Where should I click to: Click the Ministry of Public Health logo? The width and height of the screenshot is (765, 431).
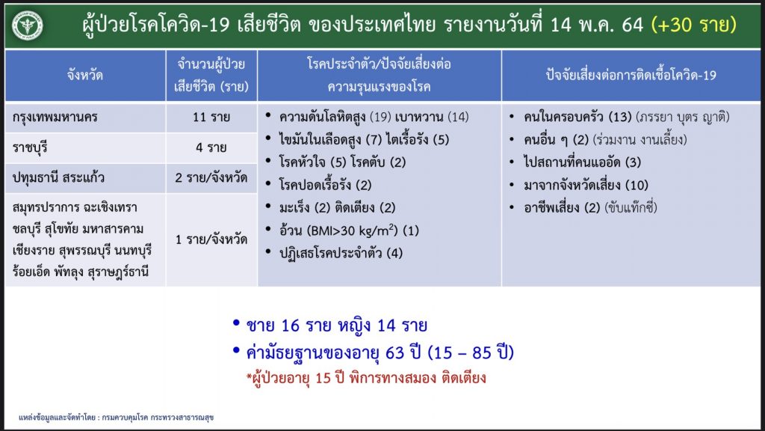click(x=28, y=25)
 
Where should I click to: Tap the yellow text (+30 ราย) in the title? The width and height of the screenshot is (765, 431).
click(x=694, y=25)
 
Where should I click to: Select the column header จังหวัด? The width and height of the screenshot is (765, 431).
click(x=85, y=76)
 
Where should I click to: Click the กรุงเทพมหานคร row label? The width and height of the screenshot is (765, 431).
click(x=55, y=117)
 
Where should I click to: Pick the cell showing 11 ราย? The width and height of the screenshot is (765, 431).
click(x=211, y=117)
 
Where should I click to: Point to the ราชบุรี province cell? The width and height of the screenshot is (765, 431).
click(x=30, y=147)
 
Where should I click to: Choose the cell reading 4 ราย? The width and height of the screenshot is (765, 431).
click(x=211, y=147)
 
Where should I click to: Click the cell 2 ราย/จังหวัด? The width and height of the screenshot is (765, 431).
click(x=211, y=178)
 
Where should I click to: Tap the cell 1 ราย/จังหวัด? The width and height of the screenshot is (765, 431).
click(x=211, y=239)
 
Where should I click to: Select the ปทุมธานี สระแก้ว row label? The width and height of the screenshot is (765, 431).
click(x=58, y=178)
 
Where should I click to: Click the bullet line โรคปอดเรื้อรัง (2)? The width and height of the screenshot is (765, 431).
click(x=325, y=186)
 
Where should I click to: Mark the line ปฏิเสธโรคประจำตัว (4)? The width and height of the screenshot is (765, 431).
click(x=341, y=253)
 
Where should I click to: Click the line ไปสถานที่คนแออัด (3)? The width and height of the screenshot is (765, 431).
click(x=582, y=162)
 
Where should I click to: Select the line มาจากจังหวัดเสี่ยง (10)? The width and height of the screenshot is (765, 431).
click(x=586, y=186)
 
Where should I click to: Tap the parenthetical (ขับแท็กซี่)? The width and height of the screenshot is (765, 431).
click(x=631, y=208)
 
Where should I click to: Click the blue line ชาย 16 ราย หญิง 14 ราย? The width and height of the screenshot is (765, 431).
click(x=337, y=325)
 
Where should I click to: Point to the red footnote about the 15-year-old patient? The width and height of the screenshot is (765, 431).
click(x=366, y=378)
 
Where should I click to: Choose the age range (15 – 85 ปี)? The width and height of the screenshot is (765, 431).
click(x=471, y=352)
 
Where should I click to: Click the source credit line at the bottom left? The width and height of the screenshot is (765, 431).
click(x=116, y=418)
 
